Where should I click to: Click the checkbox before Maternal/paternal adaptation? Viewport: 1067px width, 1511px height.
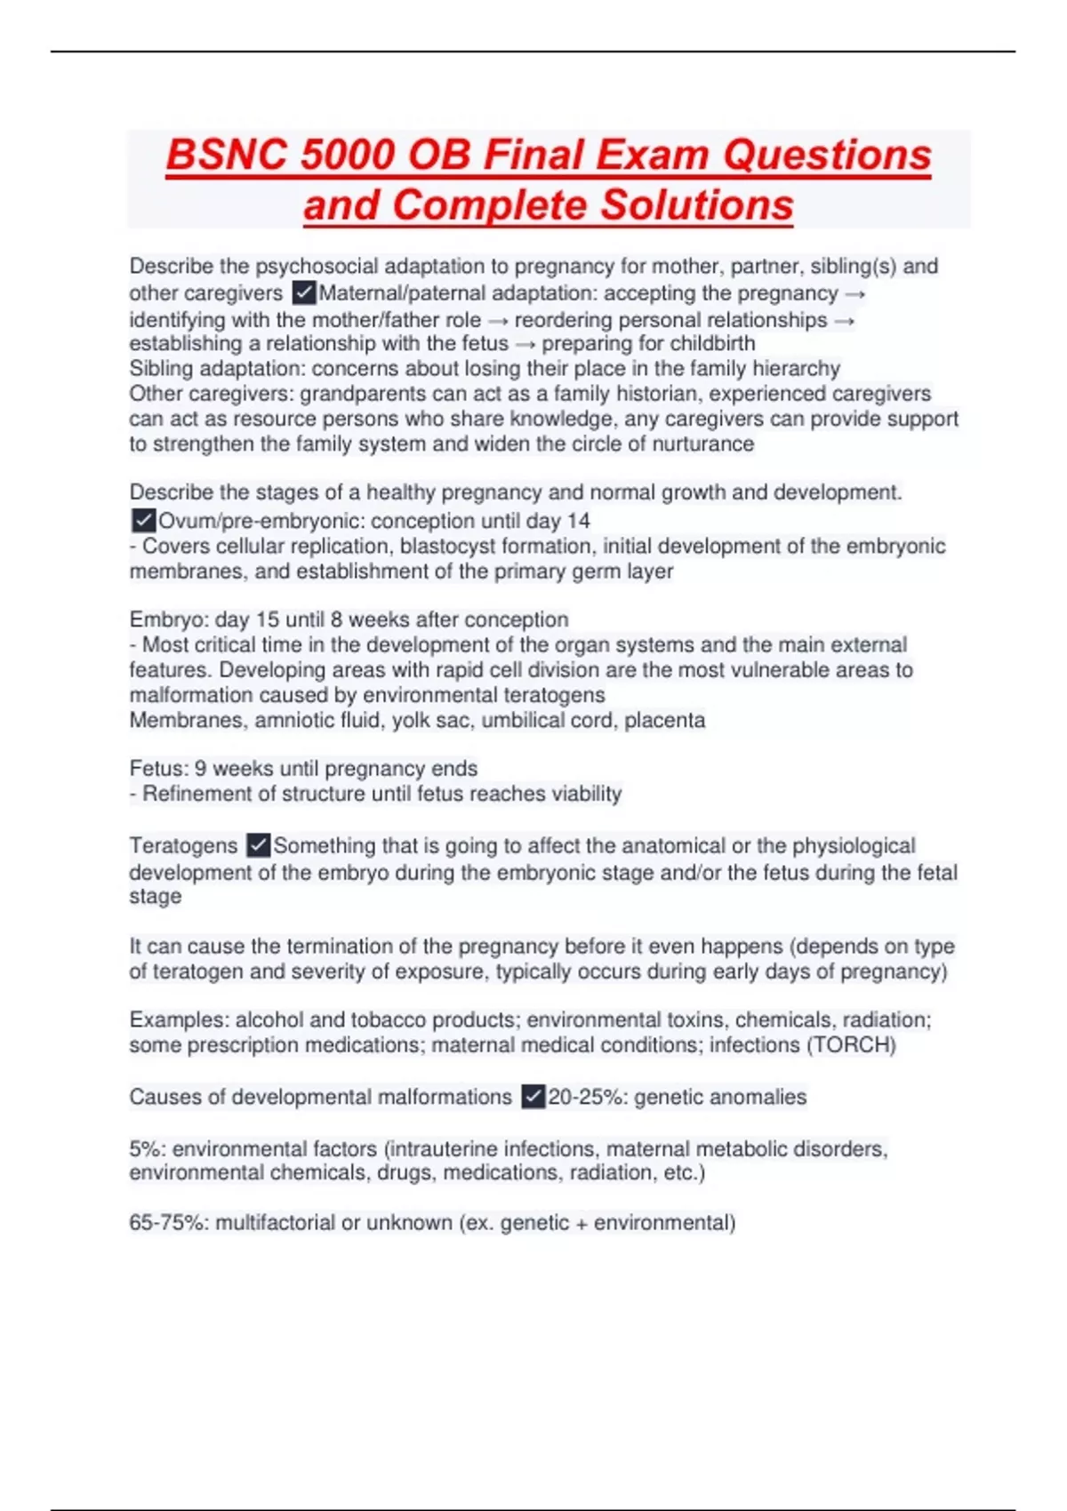coord(303,292)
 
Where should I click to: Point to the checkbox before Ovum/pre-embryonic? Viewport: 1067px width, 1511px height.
coord(142,520)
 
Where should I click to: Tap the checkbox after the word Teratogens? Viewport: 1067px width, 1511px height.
coord(258,844)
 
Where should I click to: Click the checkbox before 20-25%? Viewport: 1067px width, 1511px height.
coord(533,1097)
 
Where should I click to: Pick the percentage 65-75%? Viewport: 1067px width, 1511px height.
coord(168,1223)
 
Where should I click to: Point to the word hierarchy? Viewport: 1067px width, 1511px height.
coord(796,368)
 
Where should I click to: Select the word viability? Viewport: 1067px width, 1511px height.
coord(580,793)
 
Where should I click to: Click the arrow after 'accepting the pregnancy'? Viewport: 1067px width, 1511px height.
coord(855,293)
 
